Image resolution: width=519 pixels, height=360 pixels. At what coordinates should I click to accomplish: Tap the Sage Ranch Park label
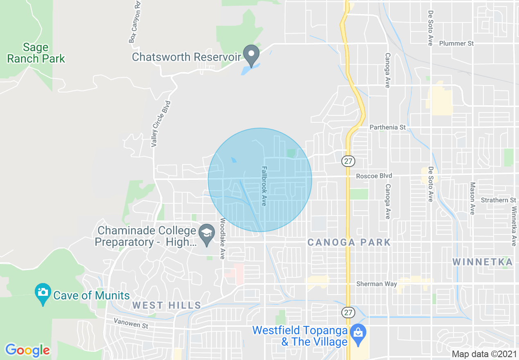[x=36, y=53]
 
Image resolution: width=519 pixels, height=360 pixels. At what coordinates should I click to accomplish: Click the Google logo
[x=27, y=350]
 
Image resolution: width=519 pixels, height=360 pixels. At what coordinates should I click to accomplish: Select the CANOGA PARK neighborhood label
[x=349, y=242]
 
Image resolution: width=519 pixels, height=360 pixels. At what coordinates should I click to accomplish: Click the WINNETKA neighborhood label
[x=483, y=262]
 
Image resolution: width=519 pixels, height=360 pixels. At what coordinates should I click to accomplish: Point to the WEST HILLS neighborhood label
[x=167, y=305]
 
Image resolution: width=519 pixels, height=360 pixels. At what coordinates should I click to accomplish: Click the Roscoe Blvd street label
[x=374, y=176]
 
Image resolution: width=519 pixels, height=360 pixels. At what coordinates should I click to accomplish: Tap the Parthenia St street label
[x=387, y=127]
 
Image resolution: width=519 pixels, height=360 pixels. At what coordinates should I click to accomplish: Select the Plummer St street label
[x=456, y=43]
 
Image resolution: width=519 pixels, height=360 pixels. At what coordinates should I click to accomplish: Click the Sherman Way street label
[x=377, y=284]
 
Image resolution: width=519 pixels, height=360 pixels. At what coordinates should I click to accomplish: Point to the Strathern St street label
[x=498, y=200]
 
